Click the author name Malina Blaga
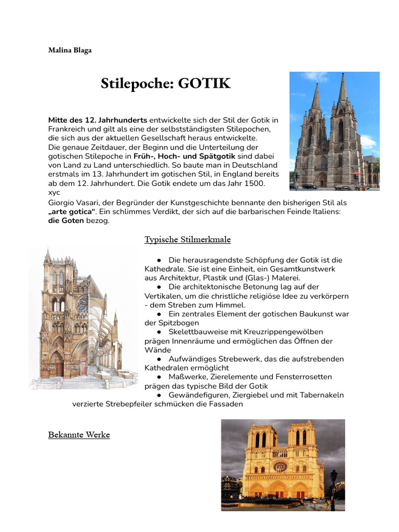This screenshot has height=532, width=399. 70,50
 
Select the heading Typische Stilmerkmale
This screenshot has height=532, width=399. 188,240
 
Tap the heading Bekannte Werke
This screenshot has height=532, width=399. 79,434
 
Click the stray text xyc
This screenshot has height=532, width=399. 54,192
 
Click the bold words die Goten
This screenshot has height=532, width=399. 65,221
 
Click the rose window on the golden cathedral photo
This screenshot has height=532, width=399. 280,467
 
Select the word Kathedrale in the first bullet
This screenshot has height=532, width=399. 165,269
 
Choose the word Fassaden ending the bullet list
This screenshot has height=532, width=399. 227,404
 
